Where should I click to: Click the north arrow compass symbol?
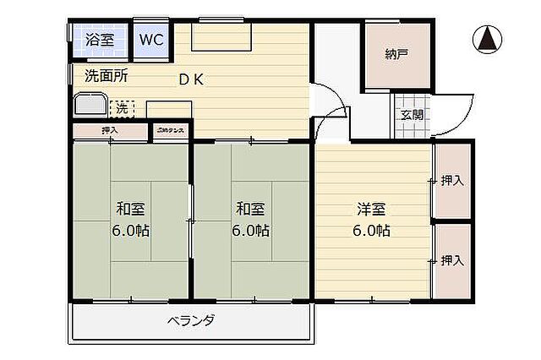[x=489, y=39]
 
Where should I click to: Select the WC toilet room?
[x=151, y=39]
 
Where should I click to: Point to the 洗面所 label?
[x=107, y=75]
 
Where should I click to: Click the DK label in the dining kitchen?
[x=189, y=79]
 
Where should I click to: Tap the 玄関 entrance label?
[x=412, y=115]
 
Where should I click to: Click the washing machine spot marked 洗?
[x=122, y=108]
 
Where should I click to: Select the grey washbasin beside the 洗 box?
[x=90, y=106]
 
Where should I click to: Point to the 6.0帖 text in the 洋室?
[x=371, y=230]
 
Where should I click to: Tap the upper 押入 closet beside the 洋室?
[x=452, y=180]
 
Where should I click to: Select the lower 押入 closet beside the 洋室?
[x=452, y=260]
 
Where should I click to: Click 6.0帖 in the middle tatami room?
[x=251, y=230]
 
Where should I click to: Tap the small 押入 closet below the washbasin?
[x=110, y=130]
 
